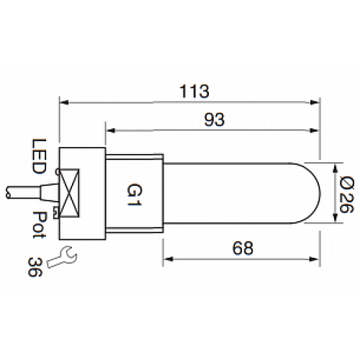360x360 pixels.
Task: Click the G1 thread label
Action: tap(134, 192)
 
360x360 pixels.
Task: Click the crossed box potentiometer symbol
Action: tap(70, 192)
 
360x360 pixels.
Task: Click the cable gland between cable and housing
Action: tap(48, 192)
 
